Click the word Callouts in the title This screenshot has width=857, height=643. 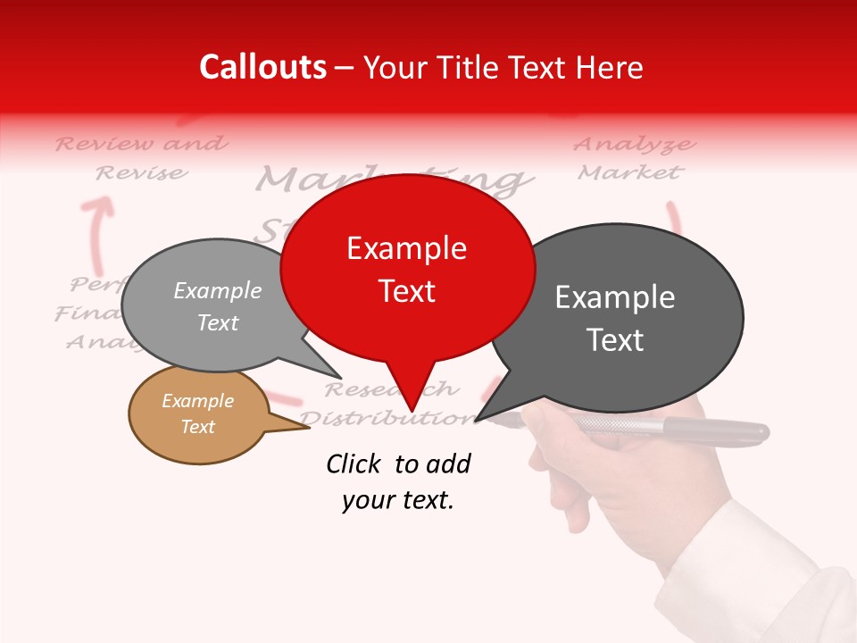point(262,67)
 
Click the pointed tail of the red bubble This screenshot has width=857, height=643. point(412,393)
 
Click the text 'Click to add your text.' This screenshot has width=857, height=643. point(397,481)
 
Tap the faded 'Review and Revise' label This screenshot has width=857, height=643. point(141,157)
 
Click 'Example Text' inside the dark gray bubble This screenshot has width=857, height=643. point(615,318)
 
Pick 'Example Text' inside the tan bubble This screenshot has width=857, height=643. point(197,413)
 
